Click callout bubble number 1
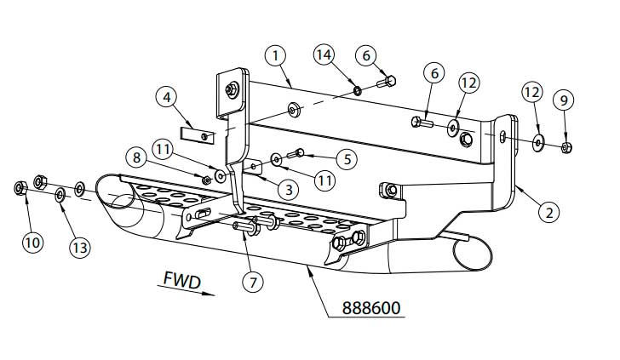[274, 56]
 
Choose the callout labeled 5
[344, 157]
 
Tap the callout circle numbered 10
[32, 242]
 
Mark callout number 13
[79, 248]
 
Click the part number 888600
[373, 306]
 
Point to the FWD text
[181, 279]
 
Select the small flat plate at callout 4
[198, 134]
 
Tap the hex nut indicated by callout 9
[566, 148]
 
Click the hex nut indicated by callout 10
[20, 186]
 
